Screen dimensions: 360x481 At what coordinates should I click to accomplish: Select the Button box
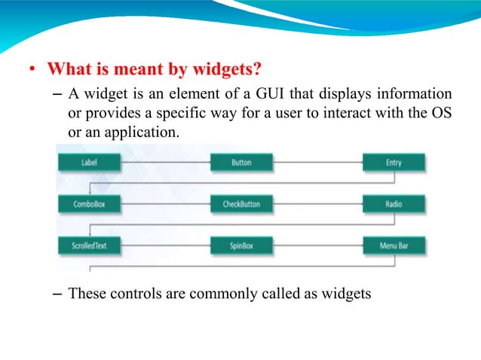241,163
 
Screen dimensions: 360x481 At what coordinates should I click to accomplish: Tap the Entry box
393,163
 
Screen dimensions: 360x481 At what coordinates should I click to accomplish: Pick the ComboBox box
88,204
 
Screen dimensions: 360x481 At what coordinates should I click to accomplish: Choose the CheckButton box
241,204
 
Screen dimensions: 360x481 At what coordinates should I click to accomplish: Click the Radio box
393,204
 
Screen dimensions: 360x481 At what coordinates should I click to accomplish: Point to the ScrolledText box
88,246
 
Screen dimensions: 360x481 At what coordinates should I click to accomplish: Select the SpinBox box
241,246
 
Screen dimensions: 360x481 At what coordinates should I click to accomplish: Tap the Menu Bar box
393,246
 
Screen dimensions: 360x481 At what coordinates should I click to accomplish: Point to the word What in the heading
66,71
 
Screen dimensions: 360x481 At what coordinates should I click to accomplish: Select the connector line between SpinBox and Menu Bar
317,246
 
